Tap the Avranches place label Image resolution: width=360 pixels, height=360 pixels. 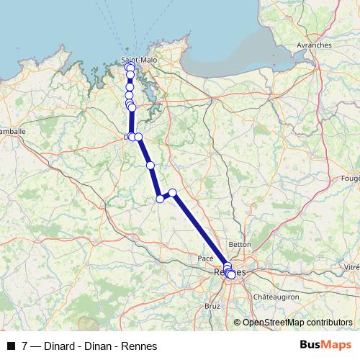click(x=314, y=45)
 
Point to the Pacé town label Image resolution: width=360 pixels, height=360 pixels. click(x=205, y=257)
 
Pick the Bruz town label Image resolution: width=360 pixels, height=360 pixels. click(x=212, y=305)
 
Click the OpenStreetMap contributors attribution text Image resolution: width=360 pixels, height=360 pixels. click(x=297, y=323)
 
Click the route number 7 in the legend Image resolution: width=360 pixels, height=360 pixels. click(x=25, y=346)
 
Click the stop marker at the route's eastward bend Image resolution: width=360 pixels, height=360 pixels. click(x=173, y=192)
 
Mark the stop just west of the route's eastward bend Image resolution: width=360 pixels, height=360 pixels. click(x=161, y=199)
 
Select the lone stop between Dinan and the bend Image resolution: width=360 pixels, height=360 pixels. click(x=150, y=166)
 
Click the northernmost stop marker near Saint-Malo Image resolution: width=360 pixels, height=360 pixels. click(x=130, y=67)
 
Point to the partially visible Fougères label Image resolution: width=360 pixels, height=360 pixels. click(x=351, y=178)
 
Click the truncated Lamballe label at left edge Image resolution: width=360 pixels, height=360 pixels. click(x=12, y=132)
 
